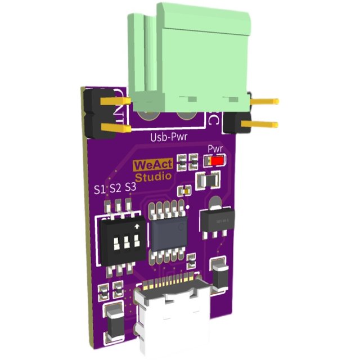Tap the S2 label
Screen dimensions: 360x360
(115, 187)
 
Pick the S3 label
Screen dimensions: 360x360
(130, 186)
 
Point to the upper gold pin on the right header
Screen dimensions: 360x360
(264, 102)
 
